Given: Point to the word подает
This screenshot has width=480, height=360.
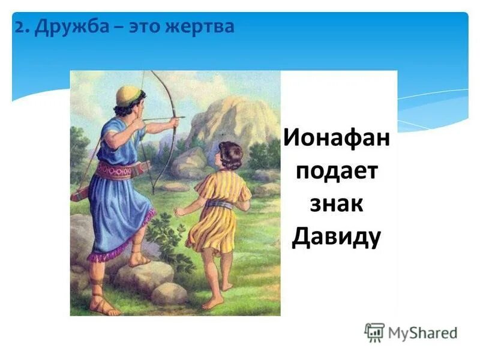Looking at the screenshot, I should coord(337,173).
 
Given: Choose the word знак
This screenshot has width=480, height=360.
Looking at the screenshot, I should coord(337,205).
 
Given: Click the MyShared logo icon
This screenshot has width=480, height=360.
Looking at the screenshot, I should coord(374,332).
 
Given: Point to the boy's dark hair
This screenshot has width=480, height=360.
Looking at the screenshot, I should coord(230,154).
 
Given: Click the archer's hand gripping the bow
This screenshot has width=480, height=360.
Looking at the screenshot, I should coord(173,122).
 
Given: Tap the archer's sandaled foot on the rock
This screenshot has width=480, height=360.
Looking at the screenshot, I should coord(140,259).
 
